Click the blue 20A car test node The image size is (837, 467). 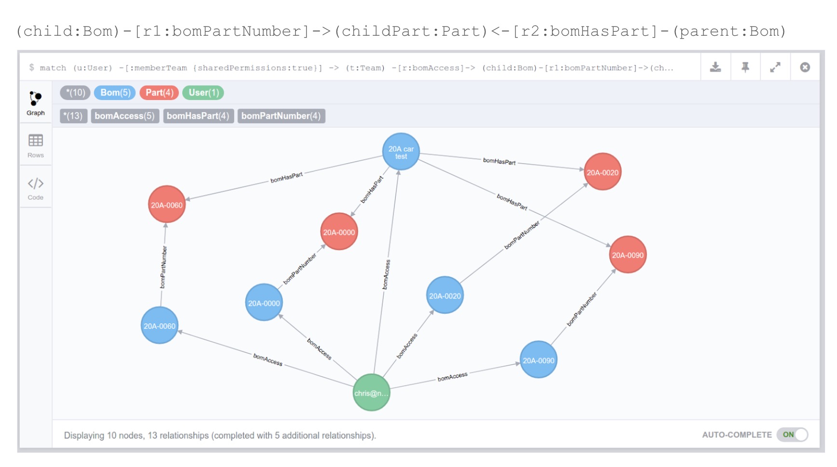[401, 152]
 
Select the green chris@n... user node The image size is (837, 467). [371, 393]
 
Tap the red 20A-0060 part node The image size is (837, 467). [167, 205]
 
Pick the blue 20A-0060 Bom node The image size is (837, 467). [160, 326]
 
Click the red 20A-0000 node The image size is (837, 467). [339, 232]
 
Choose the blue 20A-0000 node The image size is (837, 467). [264, 303]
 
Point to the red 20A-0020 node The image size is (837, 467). [602, 172]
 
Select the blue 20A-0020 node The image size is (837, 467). [445, 295]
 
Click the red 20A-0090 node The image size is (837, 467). [627, 255]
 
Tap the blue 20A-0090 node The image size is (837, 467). [539, 360]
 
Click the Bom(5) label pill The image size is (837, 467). [115, 93]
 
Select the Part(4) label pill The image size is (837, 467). [159, 93]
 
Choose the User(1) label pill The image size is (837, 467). [203, 93]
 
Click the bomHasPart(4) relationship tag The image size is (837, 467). [198, 116]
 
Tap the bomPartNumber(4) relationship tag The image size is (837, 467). [281, 116]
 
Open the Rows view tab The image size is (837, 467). [36, 146]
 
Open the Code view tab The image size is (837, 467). [36, 188]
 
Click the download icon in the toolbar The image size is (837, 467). [715, 68]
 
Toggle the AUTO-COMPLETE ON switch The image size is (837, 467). [793, 435]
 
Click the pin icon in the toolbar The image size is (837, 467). [745, 68]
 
